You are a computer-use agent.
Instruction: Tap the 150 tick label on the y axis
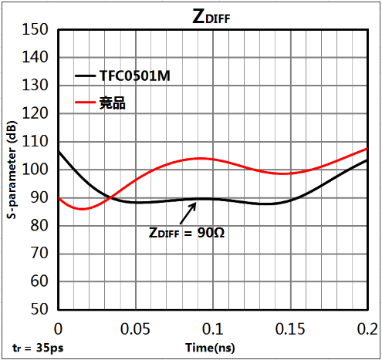35,29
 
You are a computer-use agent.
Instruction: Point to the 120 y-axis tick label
35,113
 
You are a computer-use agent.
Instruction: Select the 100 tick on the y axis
35,170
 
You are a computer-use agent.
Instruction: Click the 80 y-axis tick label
39,226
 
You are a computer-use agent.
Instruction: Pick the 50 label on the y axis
39,309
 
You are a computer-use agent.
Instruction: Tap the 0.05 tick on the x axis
135,329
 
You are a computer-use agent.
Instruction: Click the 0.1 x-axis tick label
213,329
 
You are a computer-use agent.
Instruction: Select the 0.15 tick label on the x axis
290,329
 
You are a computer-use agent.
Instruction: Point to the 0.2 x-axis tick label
367,329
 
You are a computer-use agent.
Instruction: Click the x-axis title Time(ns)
210,348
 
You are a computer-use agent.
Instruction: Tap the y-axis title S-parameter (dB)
12,170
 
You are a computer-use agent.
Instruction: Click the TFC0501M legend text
135,76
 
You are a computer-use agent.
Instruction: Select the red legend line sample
85,103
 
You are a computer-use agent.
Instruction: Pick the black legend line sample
85,76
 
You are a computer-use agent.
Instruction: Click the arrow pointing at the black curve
188,214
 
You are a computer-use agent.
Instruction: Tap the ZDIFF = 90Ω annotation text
187,233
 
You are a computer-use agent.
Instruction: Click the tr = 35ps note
38,348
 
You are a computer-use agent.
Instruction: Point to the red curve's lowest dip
82,209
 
